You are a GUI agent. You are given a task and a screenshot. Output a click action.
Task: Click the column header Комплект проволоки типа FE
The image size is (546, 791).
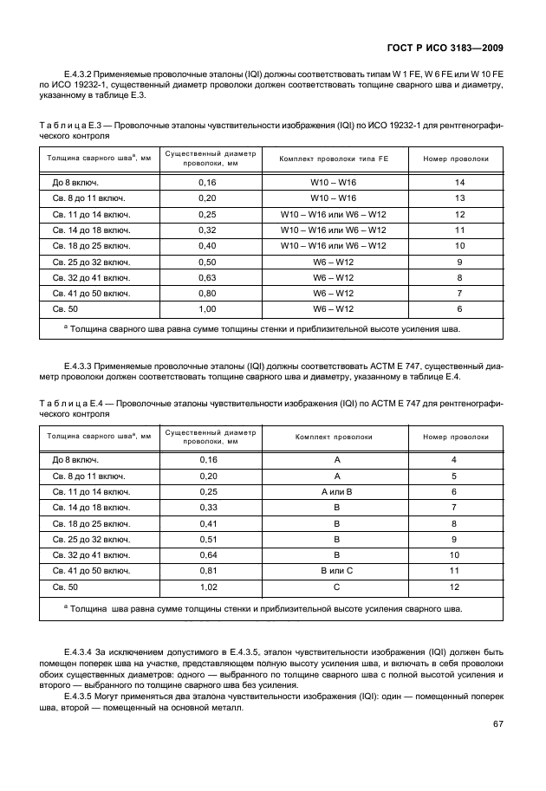point(333,159)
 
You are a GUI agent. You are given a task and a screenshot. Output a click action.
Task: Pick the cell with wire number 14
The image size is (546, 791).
point(459,183)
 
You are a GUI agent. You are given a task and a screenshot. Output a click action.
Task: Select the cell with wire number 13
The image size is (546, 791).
point(459,198)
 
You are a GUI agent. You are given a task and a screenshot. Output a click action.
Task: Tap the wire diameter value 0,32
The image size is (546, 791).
point(207,230)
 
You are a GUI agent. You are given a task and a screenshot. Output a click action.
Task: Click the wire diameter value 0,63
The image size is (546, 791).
point(207,277)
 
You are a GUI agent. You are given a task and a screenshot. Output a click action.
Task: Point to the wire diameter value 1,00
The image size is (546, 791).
point(207,308)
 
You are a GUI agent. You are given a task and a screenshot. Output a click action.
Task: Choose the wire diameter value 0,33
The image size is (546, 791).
point(207,508)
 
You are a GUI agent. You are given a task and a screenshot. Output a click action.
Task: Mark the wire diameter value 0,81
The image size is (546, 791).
point(207,571)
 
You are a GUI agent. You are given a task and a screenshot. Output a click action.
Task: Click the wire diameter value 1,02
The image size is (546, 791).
point(207,587)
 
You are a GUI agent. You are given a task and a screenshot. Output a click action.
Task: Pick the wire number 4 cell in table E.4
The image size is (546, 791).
point(453,460)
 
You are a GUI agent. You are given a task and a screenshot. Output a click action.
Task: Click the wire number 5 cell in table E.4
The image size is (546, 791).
point(453,476)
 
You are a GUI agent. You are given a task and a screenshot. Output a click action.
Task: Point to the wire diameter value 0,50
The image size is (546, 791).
point(207,262)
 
